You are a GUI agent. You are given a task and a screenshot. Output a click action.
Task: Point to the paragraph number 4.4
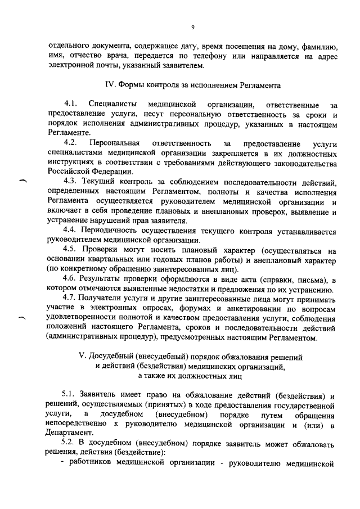pos(71,231)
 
